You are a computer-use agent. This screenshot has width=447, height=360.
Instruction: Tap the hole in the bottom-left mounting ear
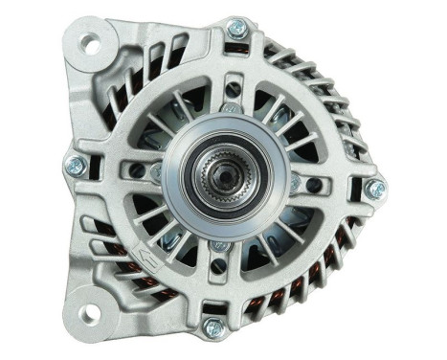point(92,310)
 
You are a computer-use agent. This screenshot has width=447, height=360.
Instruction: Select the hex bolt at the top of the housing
point(236,28)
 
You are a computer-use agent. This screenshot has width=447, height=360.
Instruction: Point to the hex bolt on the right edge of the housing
point(376,188)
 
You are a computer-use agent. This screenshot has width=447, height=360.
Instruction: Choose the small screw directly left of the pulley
point(157,173)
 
